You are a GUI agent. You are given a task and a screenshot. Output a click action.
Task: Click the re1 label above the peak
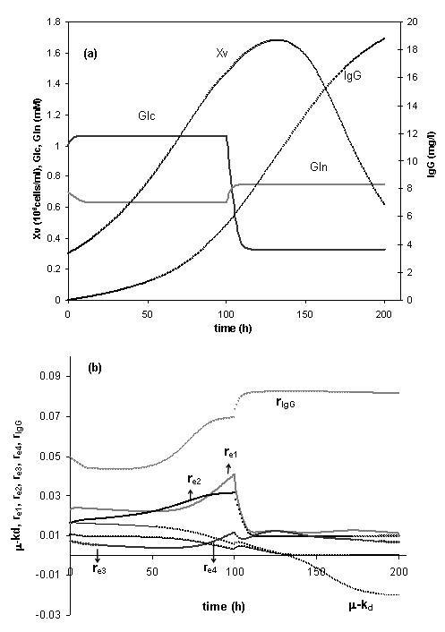coord(230,454)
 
